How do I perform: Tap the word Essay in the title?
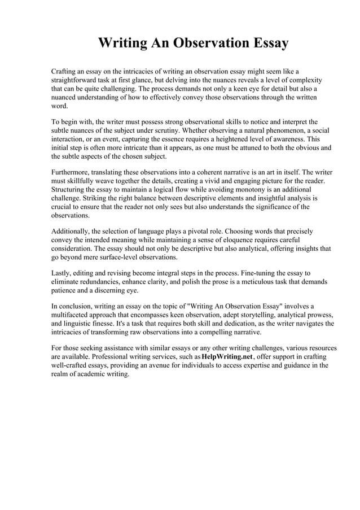point(269,43)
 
